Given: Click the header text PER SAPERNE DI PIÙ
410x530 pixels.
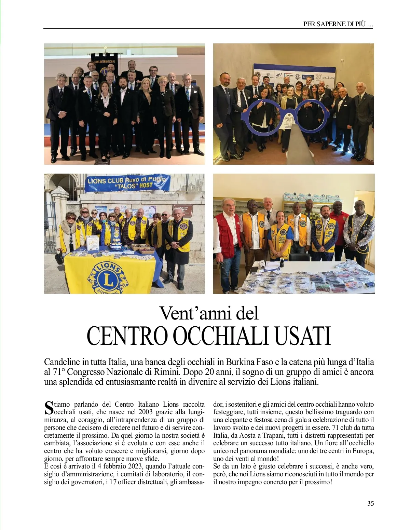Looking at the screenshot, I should click(x=338, y=24).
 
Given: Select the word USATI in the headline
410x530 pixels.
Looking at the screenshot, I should click(x=303, y=336).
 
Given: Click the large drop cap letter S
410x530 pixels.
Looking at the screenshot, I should click(x=49, y=407).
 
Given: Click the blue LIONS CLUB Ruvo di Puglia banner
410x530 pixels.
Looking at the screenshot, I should click(x=127, y=183).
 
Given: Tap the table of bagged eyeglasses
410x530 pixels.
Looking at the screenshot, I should click(x=307, y=278).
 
